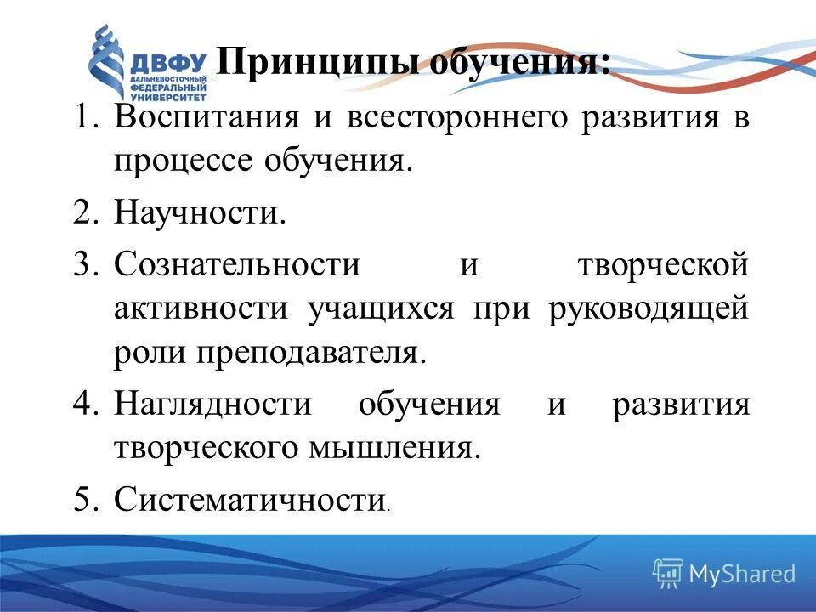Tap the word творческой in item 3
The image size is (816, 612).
tap(663, 265)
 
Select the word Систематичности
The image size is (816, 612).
tap(249, 500)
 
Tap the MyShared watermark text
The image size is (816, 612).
tap(741, 574)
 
